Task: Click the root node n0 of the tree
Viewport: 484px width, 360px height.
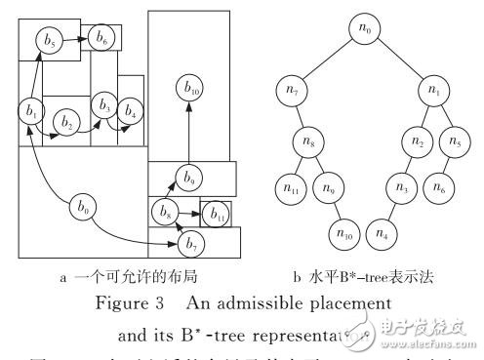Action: (x=366, y=30)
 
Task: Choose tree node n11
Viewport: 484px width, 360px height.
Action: (x=291, y=184)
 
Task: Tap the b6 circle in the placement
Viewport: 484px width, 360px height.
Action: (x=101, y=37)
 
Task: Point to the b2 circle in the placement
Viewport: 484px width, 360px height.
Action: (x=66, y=123)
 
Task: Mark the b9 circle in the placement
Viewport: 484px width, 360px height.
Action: (x=189, y=178)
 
